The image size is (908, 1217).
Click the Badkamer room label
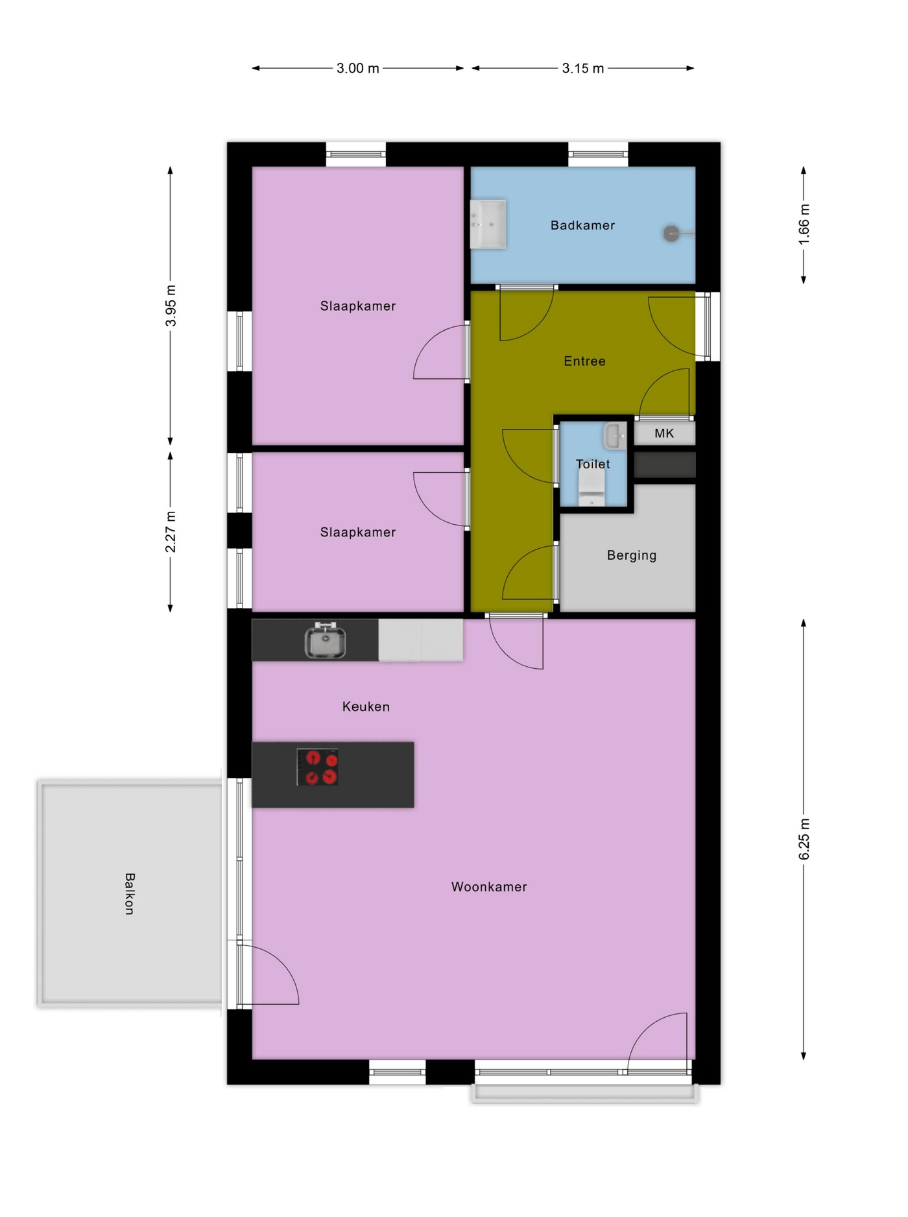(582, 225)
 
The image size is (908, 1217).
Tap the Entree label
(584, 361)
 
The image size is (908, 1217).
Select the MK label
(664, 433)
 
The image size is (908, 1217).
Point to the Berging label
(632, 555)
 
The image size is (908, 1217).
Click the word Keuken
(366, 706)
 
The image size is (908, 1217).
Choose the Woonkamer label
(489, 887)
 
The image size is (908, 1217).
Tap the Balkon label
(130, 894)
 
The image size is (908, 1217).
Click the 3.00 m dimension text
(357, 68)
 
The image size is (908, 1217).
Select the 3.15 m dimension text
(582, 68)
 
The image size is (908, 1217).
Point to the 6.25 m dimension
(804, 839)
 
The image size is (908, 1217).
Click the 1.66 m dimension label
(804, 224)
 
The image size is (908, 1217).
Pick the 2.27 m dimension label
(171, 532)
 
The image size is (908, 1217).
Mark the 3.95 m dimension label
(171, 305)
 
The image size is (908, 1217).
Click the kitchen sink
(325, 640)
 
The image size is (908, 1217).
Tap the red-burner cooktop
(318, 767)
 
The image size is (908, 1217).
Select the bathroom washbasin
(488, 224)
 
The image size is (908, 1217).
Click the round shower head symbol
(671, 234)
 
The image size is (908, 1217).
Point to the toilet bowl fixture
(591, 488)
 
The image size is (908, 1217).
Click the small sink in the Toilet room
(615, 436)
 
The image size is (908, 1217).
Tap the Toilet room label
(593, 464)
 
